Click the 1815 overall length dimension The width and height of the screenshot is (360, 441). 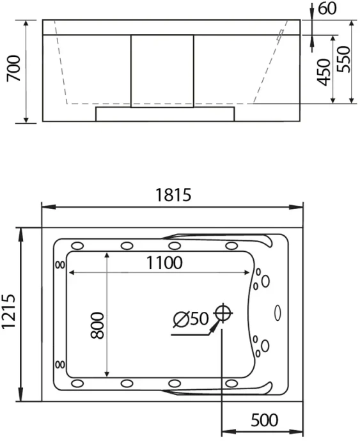173,196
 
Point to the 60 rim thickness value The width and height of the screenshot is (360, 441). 327,9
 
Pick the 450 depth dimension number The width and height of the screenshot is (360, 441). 324,72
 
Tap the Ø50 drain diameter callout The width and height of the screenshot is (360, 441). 191,318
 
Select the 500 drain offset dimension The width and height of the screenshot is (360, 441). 264,420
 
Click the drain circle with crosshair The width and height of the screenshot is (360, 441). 223,313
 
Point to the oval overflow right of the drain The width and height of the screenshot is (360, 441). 278,313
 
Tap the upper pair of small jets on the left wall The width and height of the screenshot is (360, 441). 60,265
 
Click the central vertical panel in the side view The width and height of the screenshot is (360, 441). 162,70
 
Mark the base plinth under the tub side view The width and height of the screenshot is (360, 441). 165,114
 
